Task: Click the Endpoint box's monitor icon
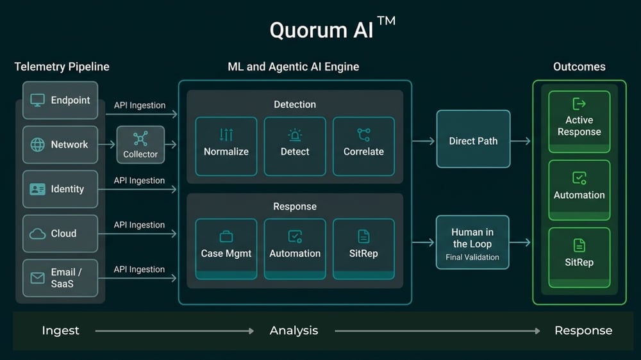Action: [38, 100]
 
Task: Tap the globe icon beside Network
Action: [38, 145]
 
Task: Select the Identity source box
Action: [60, 189]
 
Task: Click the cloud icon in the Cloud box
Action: [38, 234]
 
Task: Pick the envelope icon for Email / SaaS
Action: [38, 278]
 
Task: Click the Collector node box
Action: [140, 145]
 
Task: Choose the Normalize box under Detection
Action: [226, 145]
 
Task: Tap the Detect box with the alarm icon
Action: [295, 145]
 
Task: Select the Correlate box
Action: [363, 145]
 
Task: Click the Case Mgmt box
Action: [226, 248]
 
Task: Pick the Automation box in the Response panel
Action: [295, 248]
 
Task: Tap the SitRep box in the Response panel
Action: [363, 248]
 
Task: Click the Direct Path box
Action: [473, 141]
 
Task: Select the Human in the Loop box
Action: [472, 241]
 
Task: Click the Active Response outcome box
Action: [579, 121]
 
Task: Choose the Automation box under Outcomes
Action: [579, 189]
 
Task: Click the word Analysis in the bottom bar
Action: [294, 331]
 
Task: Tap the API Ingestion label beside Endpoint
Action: [140, 105]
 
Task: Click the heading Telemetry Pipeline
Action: [62, 67]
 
